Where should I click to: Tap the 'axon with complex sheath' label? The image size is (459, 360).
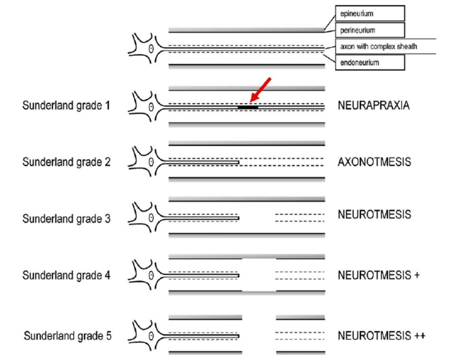[379, 47]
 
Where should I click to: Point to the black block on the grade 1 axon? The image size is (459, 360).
[248, 107]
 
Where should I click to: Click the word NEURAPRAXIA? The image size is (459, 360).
[373, 106]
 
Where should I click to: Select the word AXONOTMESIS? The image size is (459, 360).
[374, 162]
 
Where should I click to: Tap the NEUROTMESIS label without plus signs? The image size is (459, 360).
[374, 215]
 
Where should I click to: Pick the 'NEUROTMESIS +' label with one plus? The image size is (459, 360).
[379, 275]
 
